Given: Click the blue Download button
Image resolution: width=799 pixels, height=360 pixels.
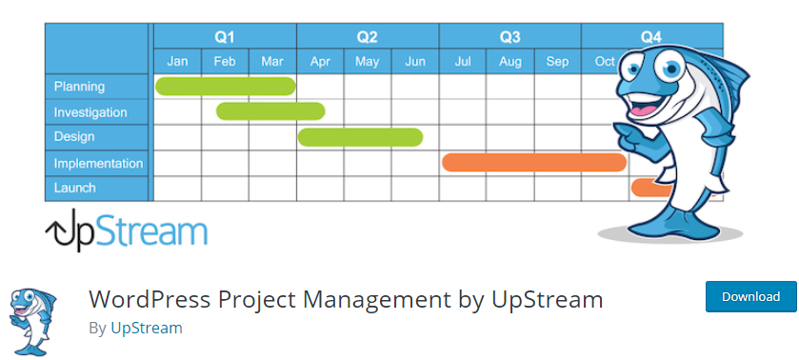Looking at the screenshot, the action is click(750, 296).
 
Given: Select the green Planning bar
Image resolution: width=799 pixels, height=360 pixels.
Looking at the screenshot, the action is click(226, 86).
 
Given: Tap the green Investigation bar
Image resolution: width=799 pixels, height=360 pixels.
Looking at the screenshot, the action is click(270, 111).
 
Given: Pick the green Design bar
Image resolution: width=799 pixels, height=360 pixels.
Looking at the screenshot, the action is click(360, 137).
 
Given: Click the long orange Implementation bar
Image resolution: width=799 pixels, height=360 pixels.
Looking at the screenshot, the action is click(534, 162).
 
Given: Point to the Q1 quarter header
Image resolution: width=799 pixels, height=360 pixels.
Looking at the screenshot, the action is click(225, 37).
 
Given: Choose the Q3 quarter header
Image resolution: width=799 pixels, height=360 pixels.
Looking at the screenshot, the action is click(509, 37).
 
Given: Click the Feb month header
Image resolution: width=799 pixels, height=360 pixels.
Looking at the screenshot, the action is click(225, 62).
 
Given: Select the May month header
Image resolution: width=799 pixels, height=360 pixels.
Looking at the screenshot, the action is click(367, 62).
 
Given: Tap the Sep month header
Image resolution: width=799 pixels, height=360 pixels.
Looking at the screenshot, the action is click(557, 62).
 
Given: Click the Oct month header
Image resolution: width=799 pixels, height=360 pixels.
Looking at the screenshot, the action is click(605, 62).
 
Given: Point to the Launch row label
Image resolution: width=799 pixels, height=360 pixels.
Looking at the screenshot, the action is click(75, 188).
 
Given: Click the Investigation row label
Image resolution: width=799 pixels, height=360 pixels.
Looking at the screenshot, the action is click(90, 112).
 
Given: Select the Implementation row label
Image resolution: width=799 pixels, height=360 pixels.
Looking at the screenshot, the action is click(98, 163).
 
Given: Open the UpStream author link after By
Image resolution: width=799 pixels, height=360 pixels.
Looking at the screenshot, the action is click(147, 328).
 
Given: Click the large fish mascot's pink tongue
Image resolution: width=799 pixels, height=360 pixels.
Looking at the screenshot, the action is click(645, 110).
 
